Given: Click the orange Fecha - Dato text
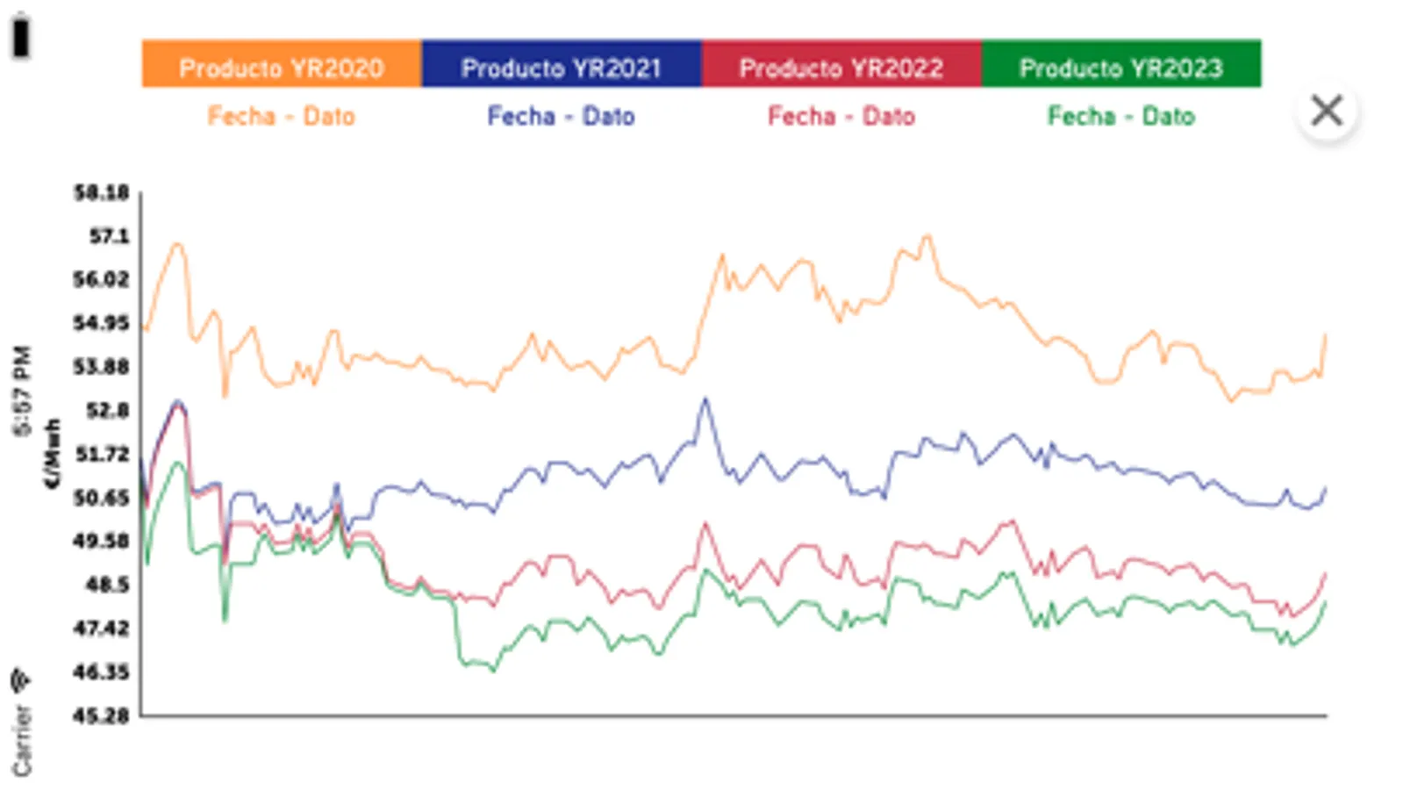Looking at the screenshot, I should pyautogui.click(x=281, y=116).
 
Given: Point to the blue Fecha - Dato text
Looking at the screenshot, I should pyautogui.click(x=561, y=116).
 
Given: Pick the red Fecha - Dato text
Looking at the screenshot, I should pyautogui.click(x=841, y=116).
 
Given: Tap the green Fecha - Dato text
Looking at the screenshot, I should pyautogui.click(x=1120, y=116).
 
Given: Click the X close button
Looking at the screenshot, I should pyautogui.click(x=1327, y=111).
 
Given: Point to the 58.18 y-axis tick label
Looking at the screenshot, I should pyautogui.click(x=101, y=192).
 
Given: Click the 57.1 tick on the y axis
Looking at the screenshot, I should pyautogui.click(x=108, y=236).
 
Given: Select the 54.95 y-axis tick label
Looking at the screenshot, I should pyautogui.click(x=101, y=323).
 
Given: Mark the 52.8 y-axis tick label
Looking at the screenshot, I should pyautogui.click(x=107, y=410).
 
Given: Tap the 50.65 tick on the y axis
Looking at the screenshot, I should pyautogui.click(x=101, y=498).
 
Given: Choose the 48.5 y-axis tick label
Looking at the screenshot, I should pyautogui.click(x=107, y=585).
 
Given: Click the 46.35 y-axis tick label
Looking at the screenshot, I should pyautogui.click(x=101, y=672).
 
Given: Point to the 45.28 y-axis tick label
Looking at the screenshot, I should pyautogui.click(x=101, y=716).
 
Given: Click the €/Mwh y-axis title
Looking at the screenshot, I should pyautogui.click(x=54, y=453).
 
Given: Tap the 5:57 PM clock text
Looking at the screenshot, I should pyautogui.click(x=22, y=391).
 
